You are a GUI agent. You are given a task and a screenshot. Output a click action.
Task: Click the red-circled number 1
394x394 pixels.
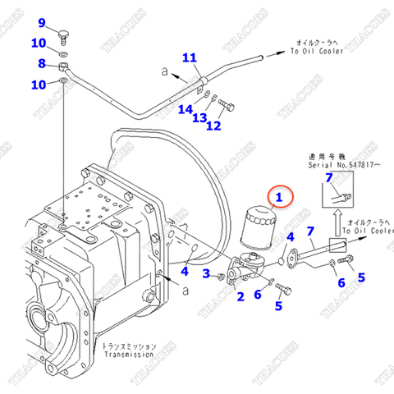(279, 197)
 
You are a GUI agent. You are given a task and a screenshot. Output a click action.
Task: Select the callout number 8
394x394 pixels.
(42, 63)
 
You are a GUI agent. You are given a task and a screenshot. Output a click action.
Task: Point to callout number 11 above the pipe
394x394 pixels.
(190, 57)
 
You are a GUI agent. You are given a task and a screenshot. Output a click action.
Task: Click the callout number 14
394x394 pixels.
(188, 109)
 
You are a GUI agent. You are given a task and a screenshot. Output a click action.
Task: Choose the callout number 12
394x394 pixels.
(213, 126)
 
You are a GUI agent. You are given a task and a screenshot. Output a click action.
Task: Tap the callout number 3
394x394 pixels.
(208, 273)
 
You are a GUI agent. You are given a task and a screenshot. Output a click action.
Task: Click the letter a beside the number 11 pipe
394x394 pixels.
(165, 72)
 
